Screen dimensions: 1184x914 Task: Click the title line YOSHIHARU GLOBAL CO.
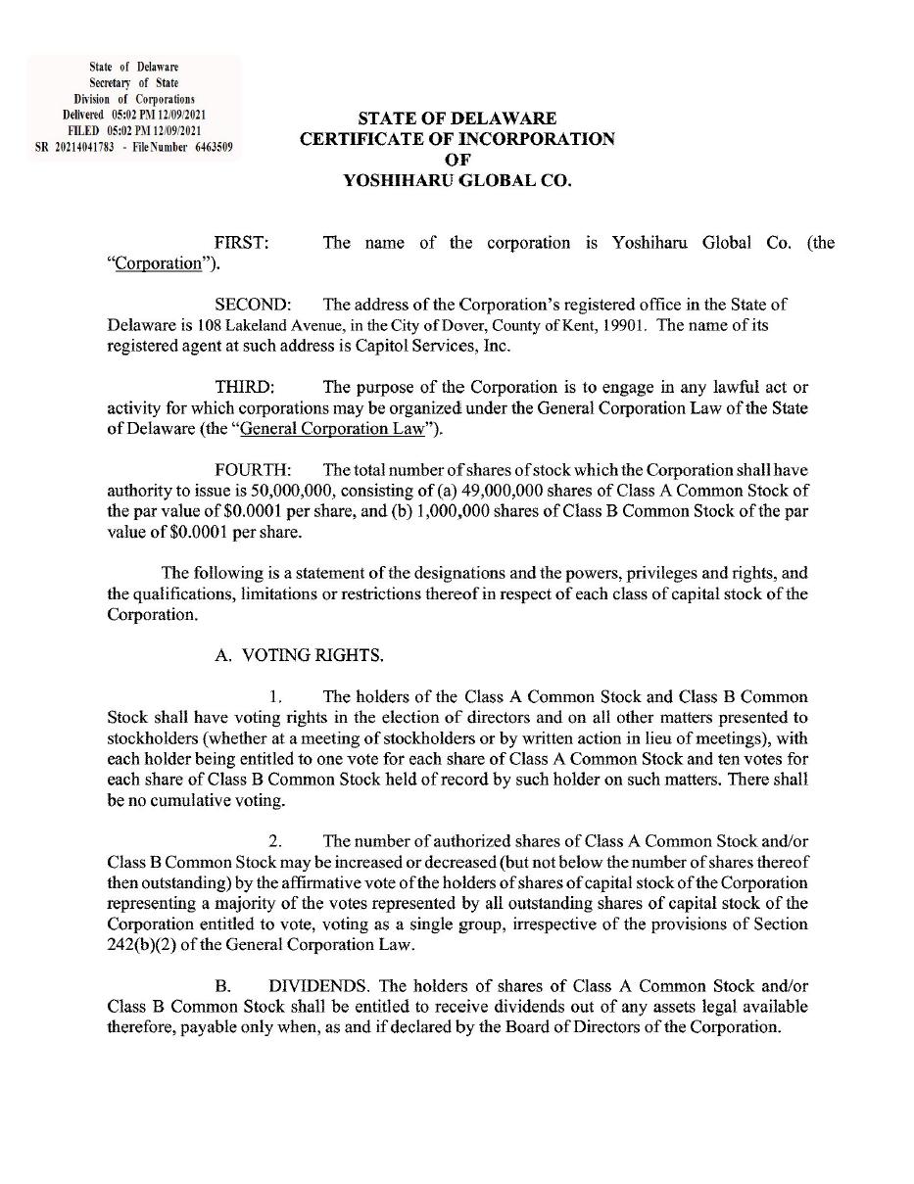pyautogui.click(x=457, y=181)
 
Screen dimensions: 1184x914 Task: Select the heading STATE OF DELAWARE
pyautogui.click(x=457, y=118)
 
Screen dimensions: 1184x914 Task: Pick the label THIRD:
pyautogui.click(x=245, y=388)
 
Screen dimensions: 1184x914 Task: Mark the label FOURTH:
pyautogui.click(x=253, y=471)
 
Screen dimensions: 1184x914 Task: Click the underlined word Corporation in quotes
pyautogui.click(x=158, y=264)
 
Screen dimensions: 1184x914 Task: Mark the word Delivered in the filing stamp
pyautogui.click(x=83, y=115)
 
